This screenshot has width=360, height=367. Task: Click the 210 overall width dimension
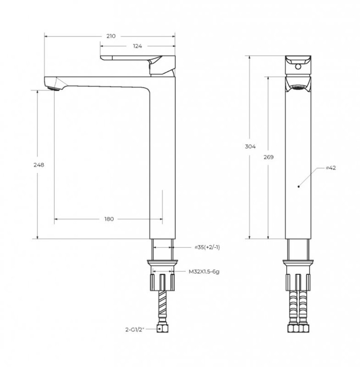(111, 36)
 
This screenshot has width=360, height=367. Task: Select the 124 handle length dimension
(138, 46)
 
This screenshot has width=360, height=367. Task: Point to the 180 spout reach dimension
(109, 219)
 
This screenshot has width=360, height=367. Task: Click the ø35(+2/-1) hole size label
(207, 247)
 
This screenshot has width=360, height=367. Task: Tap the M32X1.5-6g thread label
(204, 272)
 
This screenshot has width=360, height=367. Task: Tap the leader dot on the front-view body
(299, 185)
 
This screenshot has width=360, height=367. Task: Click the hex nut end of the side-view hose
(162, 330)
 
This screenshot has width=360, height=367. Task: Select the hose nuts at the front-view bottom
(298, 330)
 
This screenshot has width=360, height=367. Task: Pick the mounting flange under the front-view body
(298, 262)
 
